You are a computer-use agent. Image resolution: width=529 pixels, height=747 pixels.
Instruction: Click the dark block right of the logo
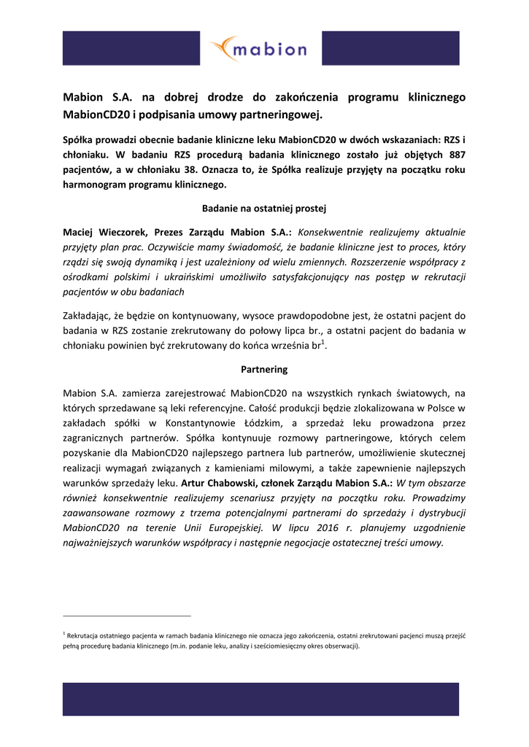click(x=390, y=48)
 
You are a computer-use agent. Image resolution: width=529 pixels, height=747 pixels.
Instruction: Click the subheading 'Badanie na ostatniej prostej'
click(x=264, y=209)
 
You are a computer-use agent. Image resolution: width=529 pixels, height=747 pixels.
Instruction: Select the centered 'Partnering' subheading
click(x=264, y=369)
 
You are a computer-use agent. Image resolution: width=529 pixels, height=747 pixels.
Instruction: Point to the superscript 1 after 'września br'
click(x=323, y=343)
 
